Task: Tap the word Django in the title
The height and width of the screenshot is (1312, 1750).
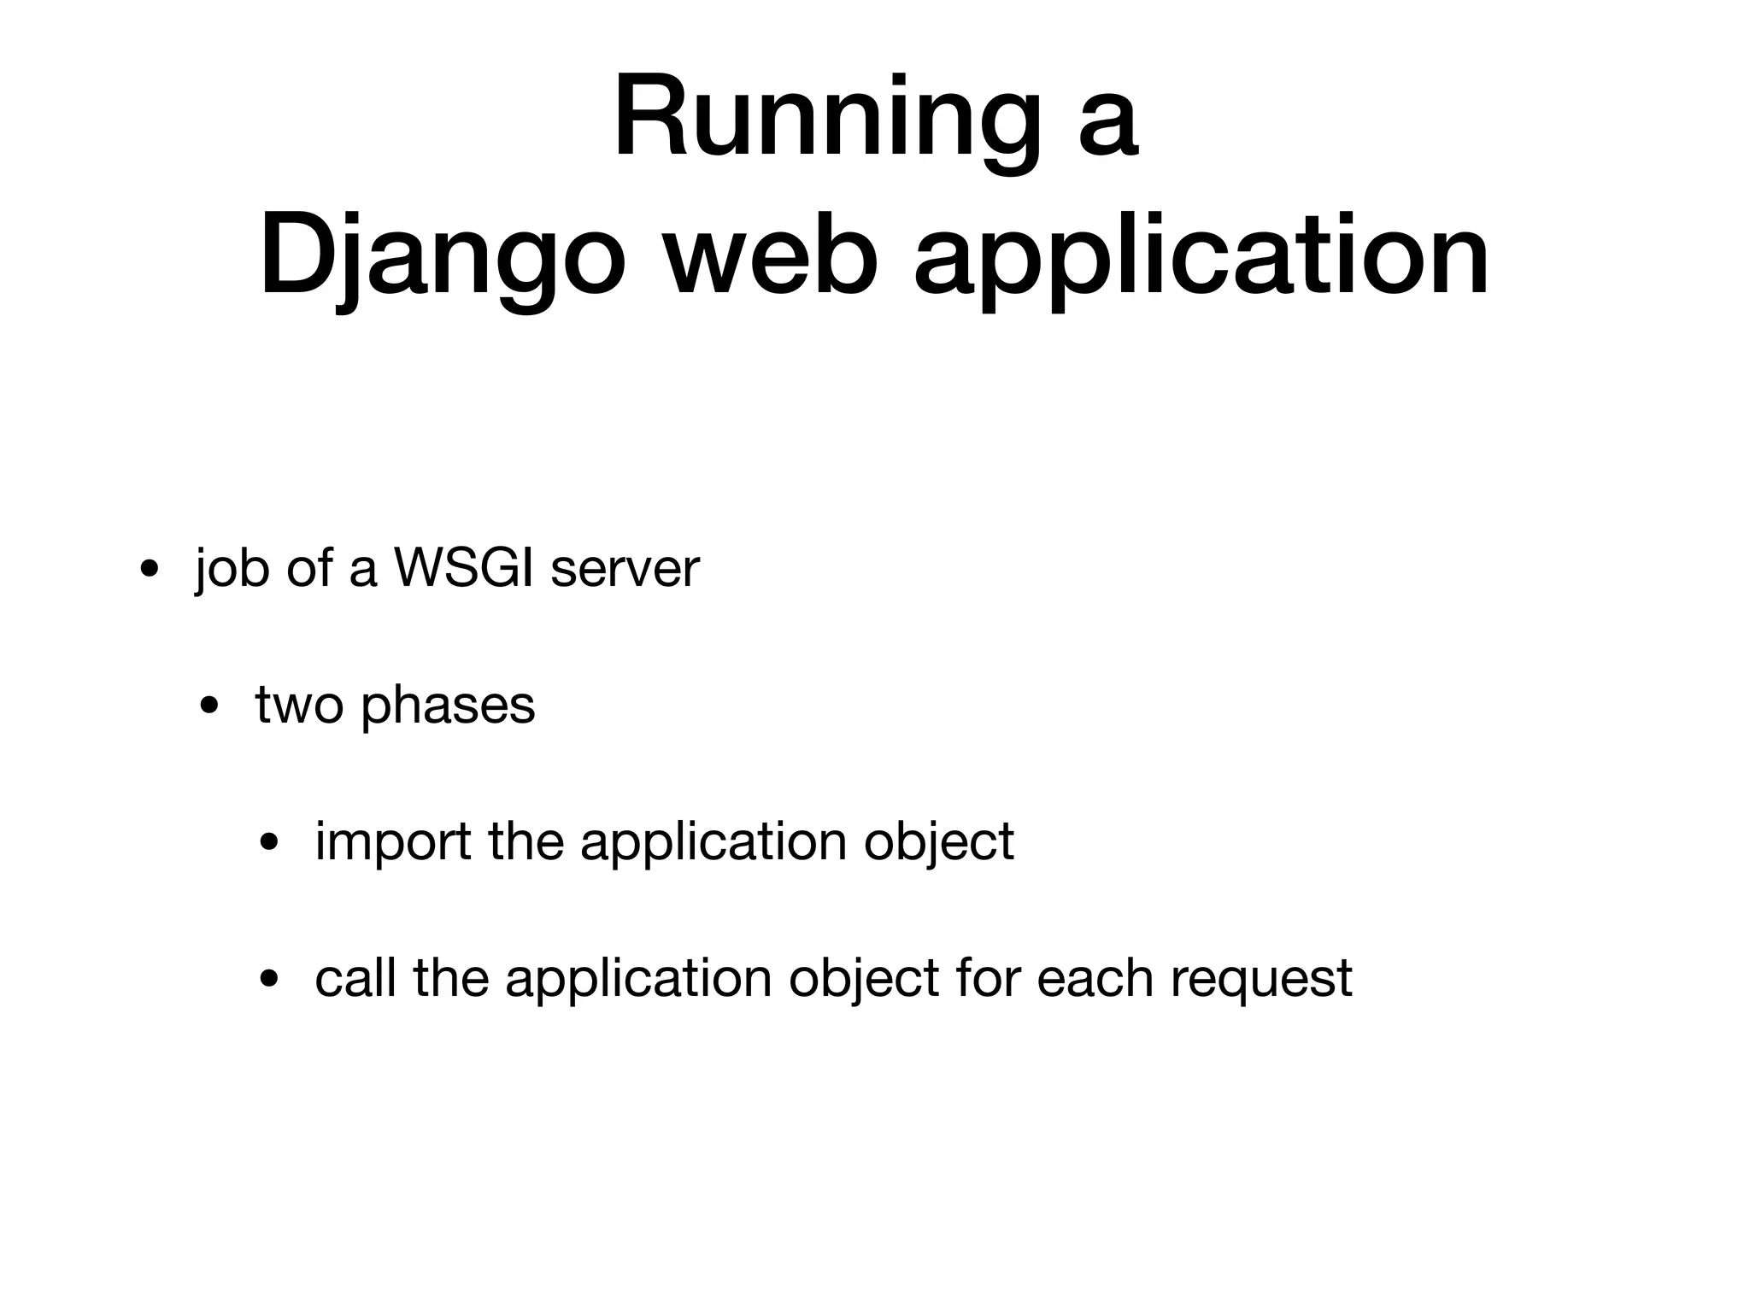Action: pyautogui.click(x=441, y=256)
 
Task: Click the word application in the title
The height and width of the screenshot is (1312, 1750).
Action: pyautogui.click(x=1201, y=256)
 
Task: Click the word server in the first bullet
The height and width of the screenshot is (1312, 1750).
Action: pyautogui.click(x=625, y=569)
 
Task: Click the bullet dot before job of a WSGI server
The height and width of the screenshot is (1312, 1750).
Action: pyautogui.click(x=149, y=570)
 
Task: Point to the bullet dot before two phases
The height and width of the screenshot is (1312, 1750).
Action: pyautogui.click(x=208, y=706)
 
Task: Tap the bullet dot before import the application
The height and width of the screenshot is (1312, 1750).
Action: pyautogui.click(x=269, y=843)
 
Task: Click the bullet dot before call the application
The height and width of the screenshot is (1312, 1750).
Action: pyautogui.click(x=269, y=980)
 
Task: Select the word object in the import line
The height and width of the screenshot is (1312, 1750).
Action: pyautogui.click(x=938, y=842)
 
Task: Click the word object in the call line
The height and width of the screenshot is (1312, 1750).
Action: pyautogui.click(x=863, y=979)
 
